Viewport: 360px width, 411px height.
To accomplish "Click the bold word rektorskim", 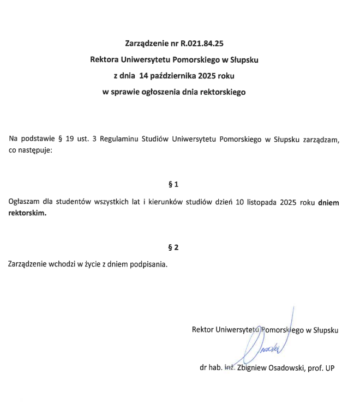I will [27, 214].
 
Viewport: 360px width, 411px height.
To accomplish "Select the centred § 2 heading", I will [174, 247].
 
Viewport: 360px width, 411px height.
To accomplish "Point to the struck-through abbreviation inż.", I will [229, 367].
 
